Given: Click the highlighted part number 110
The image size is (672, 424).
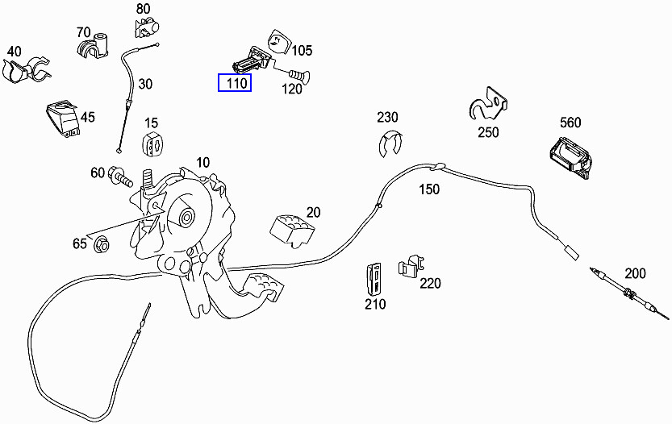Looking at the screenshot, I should click(234, 82).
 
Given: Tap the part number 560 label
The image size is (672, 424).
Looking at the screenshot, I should click(570, 123).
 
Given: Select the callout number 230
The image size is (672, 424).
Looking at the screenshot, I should click(387, 117).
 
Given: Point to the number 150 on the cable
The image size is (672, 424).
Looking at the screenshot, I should click(428, 189).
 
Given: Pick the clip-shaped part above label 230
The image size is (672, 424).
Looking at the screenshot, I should click(390, 143).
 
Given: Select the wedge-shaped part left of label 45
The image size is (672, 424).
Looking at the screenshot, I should click(61, 117).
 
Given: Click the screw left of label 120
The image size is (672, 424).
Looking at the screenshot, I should click(297, 77).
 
